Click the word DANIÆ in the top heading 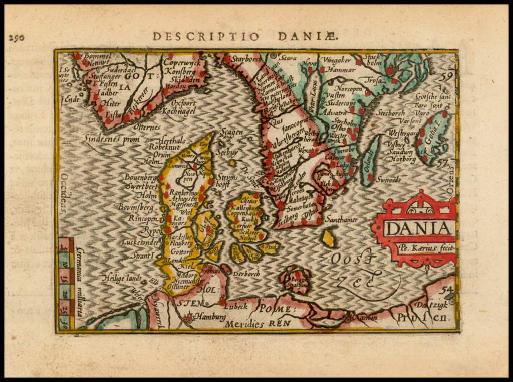coord(309,36)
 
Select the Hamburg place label coord(209,317)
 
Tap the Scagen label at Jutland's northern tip coord(232,132)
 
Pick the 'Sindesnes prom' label coord(112,139)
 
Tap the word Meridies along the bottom coord(244,324)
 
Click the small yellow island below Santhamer coord(328,238)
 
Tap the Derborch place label coord(246,274)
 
